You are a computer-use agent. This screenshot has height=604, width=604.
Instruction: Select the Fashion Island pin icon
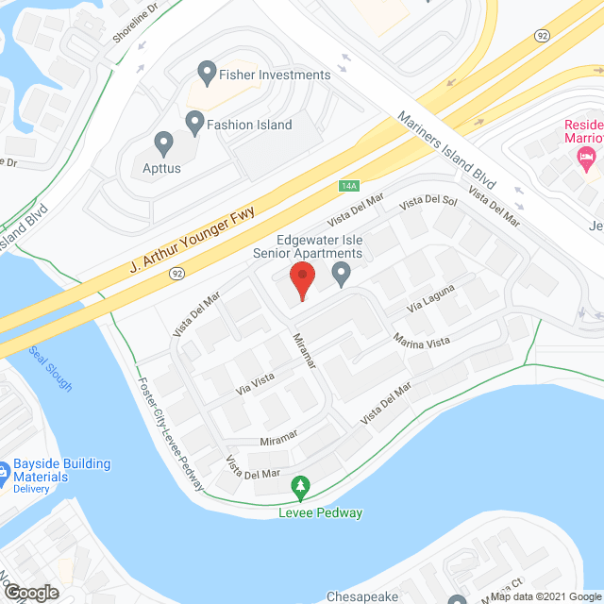195,121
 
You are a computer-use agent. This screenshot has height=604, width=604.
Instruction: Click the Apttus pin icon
163,144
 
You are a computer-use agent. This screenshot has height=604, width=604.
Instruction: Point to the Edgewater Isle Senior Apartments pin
343,275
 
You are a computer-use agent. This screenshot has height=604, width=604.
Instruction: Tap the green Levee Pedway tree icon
300,488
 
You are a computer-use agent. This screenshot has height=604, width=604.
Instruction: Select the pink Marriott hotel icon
588,158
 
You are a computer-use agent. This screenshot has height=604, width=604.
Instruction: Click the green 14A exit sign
349,187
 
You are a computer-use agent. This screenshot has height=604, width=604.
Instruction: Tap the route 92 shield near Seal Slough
176,273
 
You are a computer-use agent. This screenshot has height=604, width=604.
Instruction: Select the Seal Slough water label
49,368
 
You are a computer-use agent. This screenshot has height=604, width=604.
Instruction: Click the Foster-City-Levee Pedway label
171,433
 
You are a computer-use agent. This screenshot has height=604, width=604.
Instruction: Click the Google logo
30,593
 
